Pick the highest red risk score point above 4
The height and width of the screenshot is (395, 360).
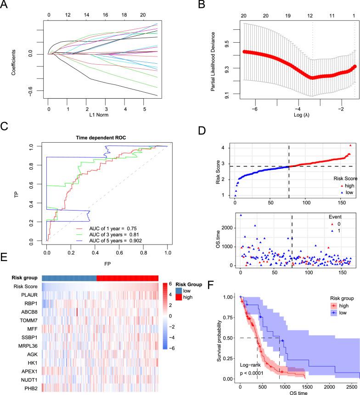pos(350,145)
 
